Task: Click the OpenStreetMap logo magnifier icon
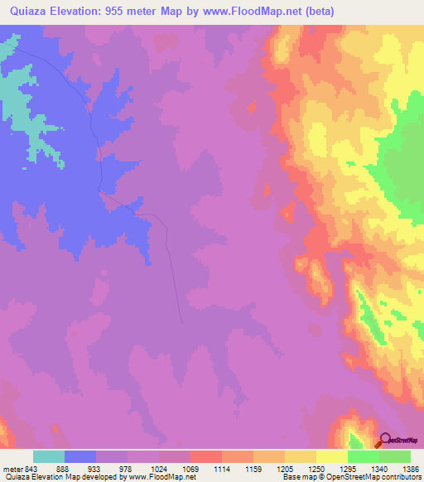(386, 441)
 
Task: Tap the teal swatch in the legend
(49, 456)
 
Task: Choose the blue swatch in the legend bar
(80, 456)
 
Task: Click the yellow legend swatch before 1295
(331, 456)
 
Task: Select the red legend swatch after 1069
(205, 456)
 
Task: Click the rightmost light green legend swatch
(394, 456)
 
